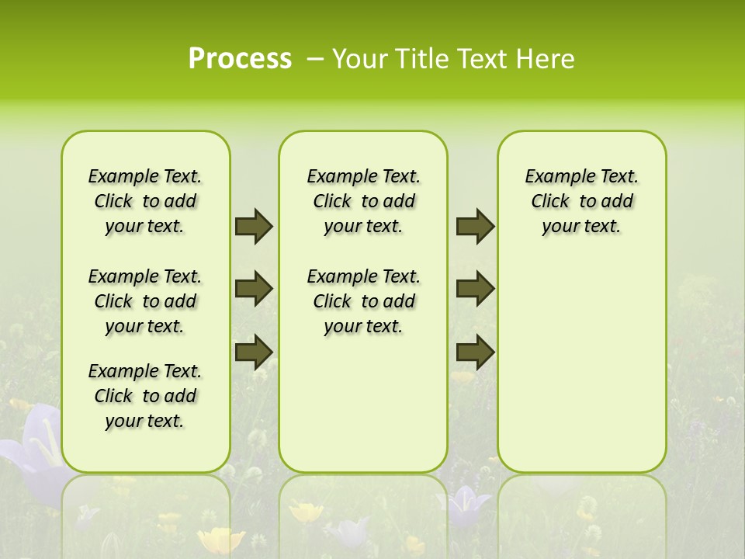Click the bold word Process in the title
click(240, 59)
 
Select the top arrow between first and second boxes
click(254, 226)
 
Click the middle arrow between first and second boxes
click(254, 289)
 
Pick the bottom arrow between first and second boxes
click(254, 352)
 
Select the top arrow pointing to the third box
click(475, 226)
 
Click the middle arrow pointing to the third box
click(475, 289)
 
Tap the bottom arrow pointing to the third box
click(475, 352)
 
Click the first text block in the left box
click(145, 201)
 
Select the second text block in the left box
click(145, 301)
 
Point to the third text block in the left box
click(145, 396)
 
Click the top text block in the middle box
click(363, 201)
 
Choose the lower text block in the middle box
click(363, 301)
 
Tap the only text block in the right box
click(581, 201)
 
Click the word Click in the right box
click(550, 201)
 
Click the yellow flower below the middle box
click(306, 512)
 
